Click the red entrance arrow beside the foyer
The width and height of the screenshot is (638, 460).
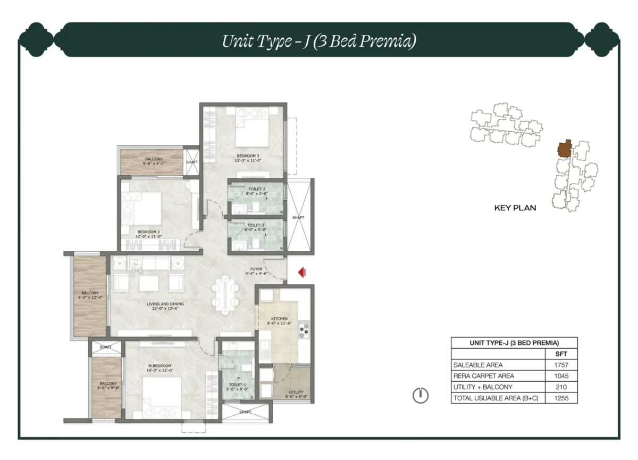(301, 273)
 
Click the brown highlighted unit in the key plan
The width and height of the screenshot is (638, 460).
(565, 149)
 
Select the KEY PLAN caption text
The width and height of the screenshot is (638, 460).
(515, 208)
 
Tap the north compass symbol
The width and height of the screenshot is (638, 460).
(421, 395)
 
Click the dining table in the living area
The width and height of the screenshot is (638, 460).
(225, 293)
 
